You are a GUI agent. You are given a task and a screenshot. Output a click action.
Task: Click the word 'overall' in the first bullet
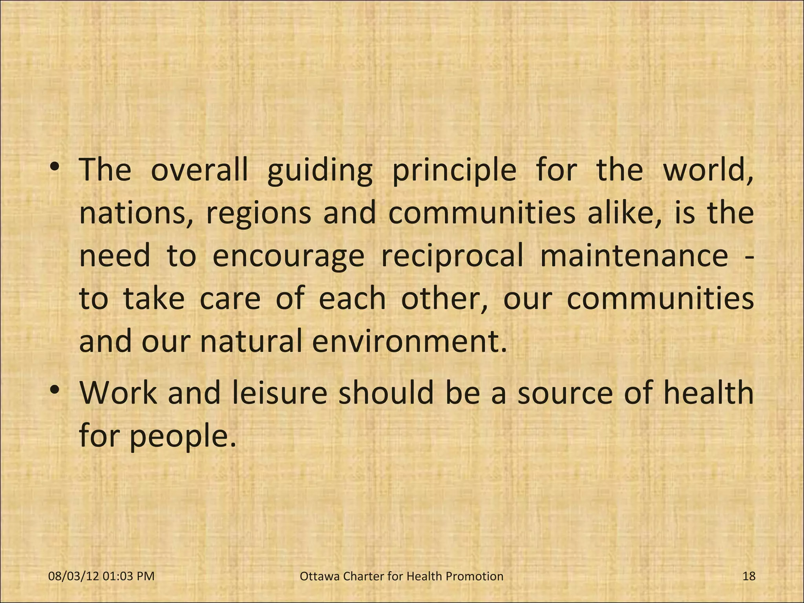coord(199,170)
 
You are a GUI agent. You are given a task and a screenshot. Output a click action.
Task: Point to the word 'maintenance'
coord(634,256)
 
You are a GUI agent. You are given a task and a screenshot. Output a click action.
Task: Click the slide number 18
coord(749,576)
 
